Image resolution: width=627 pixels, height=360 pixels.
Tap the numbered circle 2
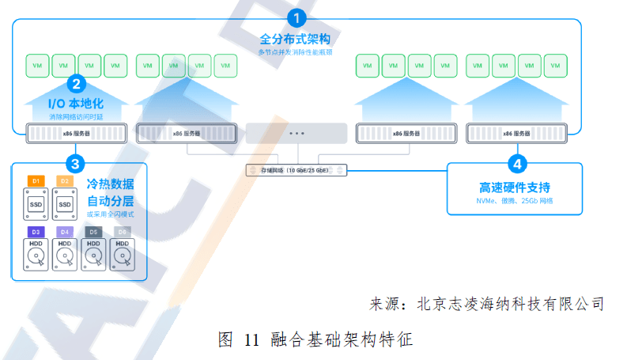point(76,83)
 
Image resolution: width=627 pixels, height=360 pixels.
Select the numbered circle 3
point(75,164)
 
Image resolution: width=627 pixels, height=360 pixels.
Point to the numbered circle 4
point(517,164)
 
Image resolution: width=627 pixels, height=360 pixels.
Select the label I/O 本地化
point(76,103)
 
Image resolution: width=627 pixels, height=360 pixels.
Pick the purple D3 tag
point(36,232)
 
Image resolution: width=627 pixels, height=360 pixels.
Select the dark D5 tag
point(93,232)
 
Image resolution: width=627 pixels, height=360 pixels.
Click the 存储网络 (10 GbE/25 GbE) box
point(295,170)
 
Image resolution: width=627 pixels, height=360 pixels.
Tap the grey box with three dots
point(297,133)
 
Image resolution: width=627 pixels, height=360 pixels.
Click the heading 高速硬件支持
point(515,188)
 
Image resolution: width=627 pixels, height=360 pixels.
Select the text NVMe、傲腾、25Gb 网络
point(515,202)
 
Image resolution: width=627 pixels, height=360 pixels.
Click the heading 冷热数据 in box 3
point(110,184)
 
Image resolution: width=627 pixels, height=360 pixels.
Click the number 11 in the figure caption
point(251,340)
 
